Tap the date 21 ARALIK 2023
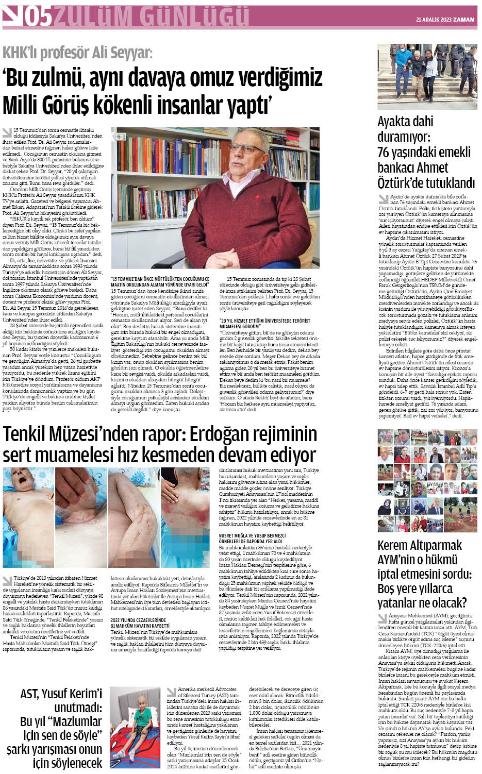(434, 20)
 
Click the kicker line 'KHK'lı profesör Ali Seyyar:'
(78, 53)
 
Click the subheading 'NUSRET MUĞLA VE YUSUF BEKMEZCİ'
(252, 536)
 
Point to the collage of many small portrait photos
(427, 482)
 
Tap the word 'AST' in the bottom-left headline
(36, 694)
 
